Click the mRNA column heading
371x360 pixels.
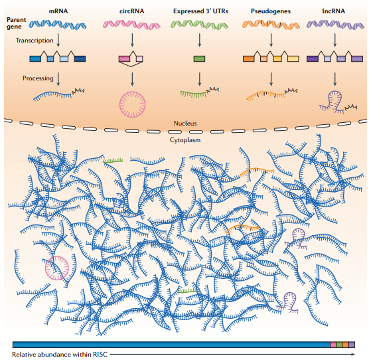[58, 11]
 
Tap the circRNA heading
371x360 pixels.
[132, 11]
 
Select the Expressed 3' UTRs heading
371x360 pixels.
[200, 11]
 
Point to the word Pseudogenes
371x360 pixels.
[271, 11]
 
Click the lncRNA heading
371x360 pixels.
[334, 11]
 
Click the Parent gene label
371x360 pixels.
[16, 23]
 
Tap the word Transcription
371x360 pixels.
[35, 41]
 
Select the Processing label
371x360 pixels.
[38, 78]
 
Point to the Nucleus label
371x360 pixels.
[185, 124]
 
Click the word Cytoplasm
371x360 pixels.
[185, 140]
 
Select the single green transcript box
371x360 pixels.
[199, 58]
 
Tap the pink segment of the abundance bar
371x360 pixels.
[333, 345]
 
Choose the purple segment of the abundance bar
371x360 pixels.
[352, 345]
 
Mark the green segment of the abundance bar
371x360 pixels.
[339, 345]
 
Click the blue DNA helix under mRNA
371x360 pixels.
[58, 25]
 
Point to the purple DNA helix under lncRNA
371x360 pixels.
[335, 25]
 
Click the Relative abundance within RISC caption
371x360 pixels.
[60, 355]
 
